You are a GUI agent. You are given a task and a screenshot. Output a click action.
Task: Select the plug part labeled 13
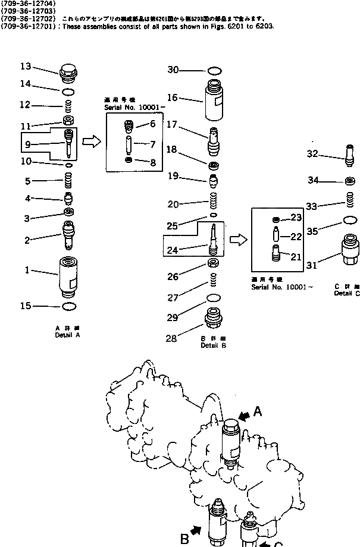[68, 75]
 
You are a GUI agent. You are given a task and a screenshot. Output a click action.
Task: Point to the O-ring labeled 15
[69, 307]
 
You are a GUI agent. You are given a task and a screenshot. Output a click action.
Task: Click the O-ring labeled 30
[214, 70]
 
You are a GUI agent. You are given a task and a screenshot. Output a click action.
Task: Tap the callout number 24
[173, 251]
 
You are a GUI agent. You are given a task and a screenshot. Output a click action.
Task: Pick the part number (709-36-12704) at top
[29, 4]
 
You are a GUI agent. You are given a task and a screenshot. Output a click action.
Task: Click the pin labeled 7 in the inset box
[129, 144]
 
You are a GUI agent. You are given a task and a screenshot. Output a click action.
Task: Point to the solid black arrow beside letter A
[243, 416]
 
